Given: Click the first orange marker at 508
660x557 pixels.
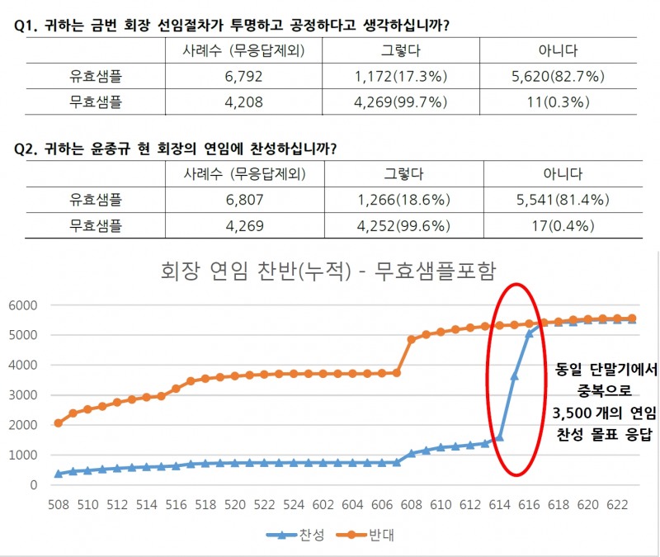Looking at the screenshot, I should pyautogui.click(x=59, y=422).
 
